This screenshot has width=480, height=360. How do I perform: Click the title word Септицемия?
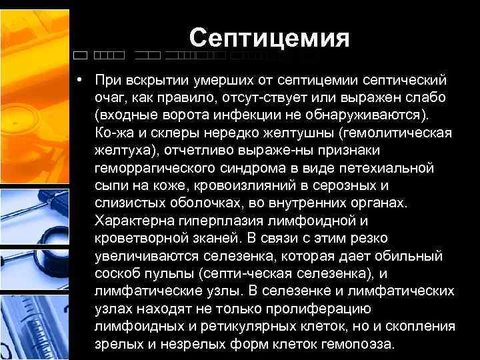pyautogui.click(x=269, y=37)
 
